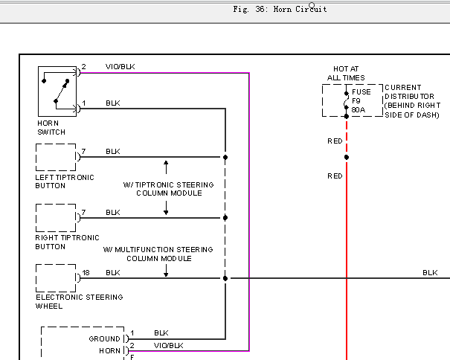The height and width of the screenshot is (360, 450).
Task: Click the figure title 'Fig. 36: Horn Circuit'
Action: point(280,9)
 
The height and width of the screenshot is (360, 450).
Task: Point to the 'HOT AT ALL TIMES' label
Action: point(346,73)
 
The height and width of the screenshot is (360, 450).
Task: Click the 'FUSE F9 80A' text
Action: point(361,100)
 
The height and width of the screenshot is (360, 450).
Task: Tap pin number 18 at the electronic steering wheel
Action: point(86,272)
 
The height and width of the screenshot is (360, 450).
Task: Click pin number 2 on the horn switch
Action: point(83,67)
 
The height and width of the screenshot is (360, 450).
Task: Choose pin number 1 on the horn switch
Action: point(83,103)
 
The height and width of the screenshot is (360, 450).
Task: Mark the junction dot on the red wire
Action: point(347,158)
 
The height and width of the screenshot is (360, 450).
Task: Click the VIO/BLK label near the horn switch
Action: point(120,67)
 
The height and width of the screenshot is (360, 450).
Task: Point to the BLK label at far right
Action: point(430,272)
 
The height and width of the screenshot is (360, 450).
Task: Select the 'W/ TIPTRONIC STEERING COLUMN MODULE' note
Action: point(168,189)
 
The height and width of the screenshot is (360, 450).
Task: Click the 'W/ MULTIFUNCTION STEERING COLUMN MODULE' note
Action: point(158,254)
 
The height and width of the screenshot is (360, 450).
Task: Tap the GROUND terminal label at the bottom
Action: point(104,338)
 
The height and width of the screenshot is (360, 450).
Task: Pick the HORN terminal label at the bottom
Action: point(109,351)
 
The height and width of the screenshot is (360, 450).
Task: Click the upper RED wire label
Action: point(335,141)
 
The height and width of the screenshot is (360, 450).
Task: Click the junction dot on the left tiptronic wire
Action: point(225,158)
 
